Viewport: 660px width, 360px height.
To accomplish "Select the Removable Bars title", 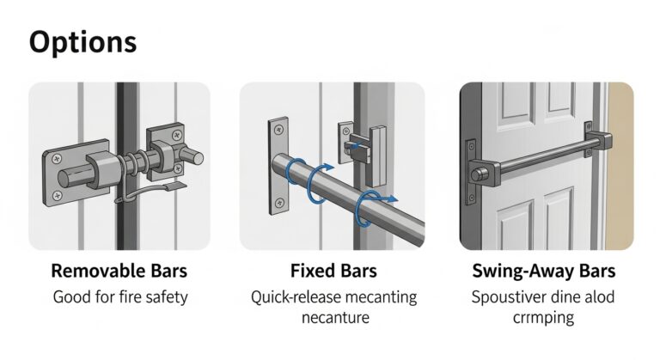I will click(119, 272).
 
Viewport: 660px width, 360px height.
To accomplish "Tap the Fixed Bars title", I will click(332, 272).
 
